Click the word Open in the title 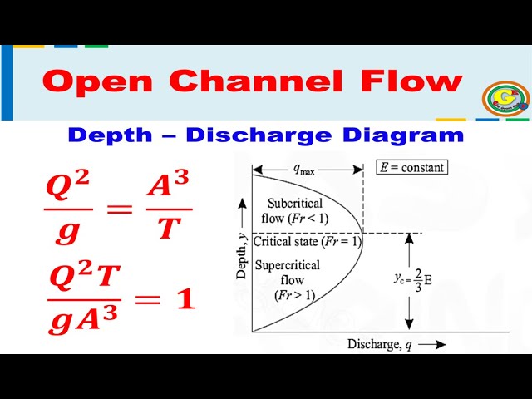96,82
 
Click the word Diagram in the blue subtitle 414,135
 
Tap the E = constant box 411,167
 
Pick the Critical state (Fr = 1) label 307,242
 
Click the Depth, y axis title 242,253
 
